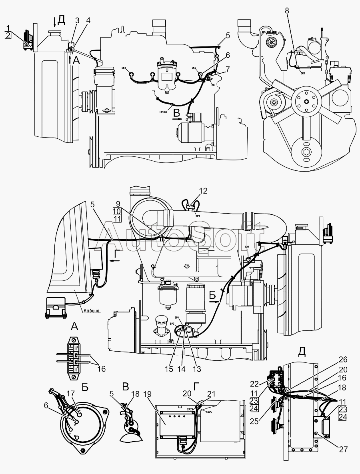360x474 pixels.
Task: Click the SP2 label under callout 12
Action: click(198, 215)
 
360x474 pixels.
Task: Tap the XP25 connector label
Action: click(190, 410)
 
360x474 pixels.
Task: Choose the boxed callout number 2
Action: click(8, 36)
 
